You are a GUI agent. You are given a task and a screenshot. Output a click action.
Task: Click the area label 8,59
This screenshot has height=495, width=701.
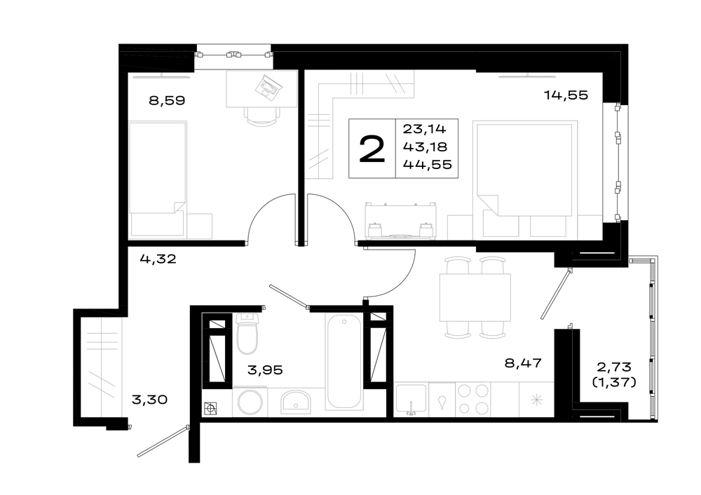tap(167, 100)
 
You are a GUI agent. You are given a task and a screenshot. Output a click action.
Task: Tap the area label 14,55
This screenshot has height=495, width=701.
tap(566, 95)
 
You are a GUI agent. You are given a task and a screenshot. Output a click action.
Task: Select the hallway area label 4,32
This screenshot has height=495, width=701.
tap(158, 259)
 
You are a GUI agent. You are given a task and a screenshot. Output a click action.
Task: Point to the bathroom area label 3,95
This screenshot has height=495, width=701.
tap(265, 369)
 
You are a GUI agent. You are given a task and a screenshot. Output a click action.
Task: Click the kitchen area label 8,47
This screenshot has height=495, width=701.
tap(523, 362)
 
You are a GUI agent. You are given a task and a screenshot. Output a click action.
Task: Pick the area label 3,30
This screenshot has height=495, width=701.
tap(149, 399)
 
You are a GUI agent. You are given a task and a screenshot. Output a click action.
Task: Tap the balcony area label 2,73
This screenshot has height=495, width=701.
tap(614, 367)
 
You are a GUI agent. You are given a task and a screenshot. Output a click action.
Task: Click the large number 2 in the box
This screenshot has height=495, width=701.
tap(372, 149)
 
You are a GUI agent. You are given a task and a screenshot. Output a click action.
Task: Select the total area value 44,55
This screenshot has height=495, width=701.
tap(428, 165)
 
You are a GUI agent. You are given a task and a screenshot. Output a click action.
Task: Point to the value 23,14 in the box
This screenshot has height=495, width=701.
tap(424, 129)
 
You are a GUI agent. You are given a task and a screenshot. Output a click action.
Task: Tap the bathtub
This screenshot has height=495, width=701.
tap(343, 361)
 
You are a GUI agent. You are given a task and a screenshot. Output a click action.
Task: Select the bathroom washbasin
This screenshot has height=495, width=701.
tap(296, 401)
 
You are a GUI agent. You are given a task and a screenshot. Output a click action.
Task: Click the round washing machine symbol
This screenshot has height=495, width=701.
tap(250, 402)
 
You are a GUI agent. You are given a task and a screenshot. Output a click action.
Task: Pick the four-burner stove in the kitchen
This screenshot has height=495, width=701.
tap(473, 400)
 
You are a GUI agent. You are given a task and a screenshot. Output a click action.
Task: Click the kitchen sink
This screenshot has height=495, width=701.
tap(411, 399)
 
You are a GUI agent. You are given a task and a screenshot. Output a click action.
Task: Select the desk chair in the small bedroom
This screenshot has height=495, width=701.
tap(262, 116)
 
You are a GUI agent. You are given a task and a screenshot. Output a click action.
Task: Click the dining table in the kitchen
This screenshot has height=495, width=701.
tap(475, 297)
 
